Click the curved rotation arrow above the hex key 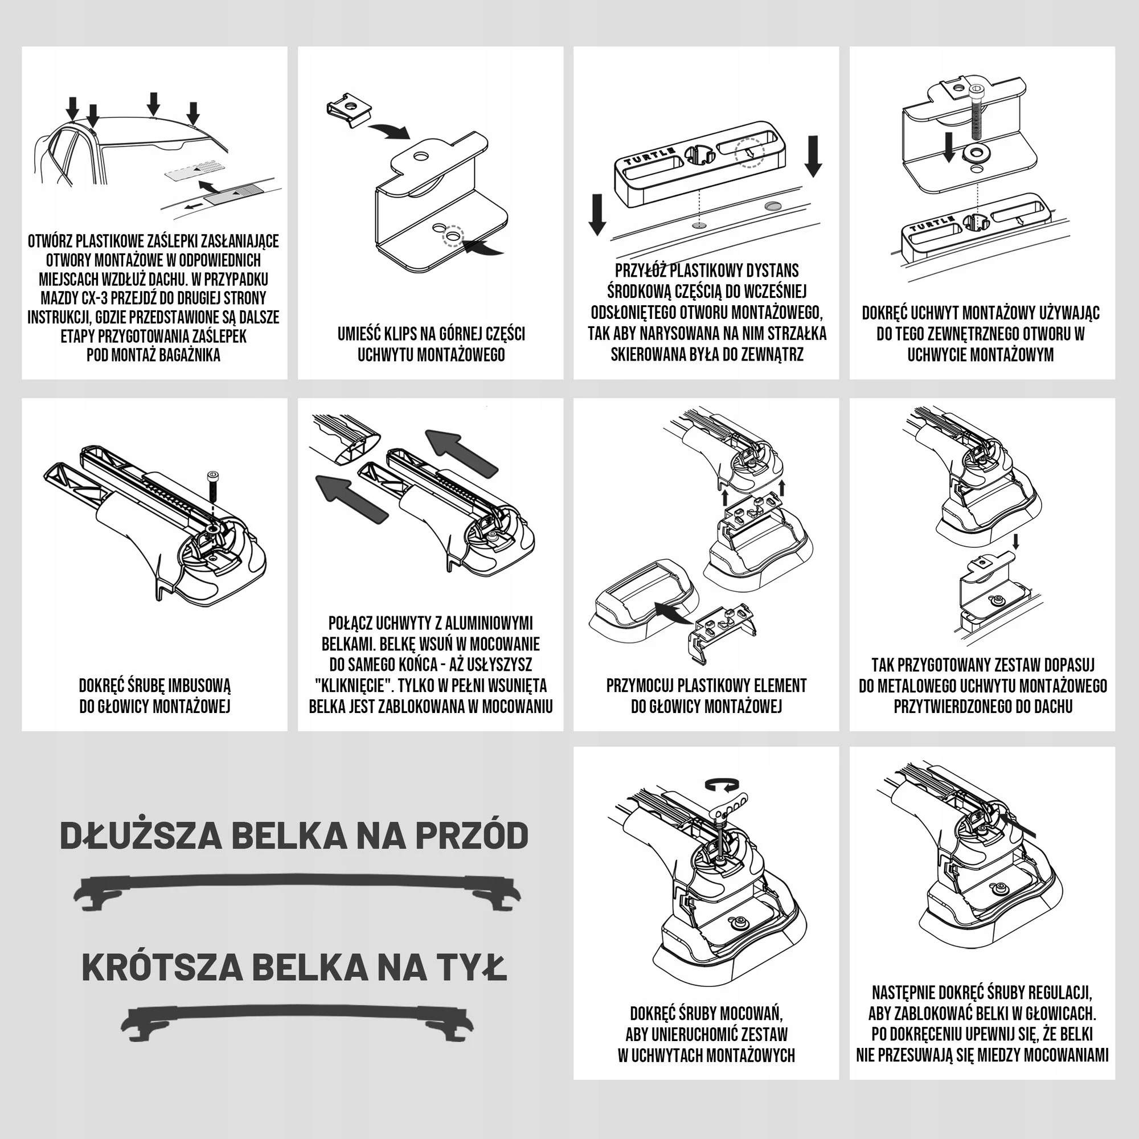pos(722,785)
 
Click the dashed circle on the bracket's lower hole pos(453,236)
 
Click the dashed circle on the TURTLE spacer pos(749,153)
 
